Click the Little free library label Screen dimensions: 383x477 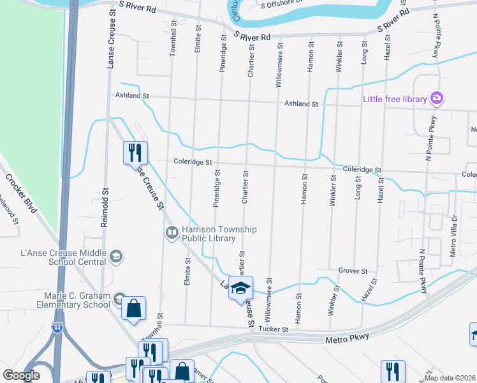(395, 98)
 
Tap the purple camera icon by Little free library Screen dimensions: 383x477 (437, 98)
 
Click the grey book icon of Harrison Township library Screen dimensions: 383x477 (172, 234)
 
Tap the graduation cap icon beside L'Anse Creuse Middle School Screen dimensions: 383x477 (116, 257)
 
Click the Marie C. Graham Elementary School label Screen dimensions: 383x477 (77, 299)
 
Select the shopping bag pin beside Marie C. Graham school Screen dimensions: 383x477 (135, 309)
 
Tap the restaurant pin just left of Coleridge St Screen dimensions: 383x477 (135, 153)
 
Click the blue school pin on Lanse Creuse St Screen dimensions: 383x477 (240, 289)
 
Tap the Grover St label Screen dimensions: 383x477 (353, 271)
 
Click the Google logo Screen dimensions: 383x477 (22, 375)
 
